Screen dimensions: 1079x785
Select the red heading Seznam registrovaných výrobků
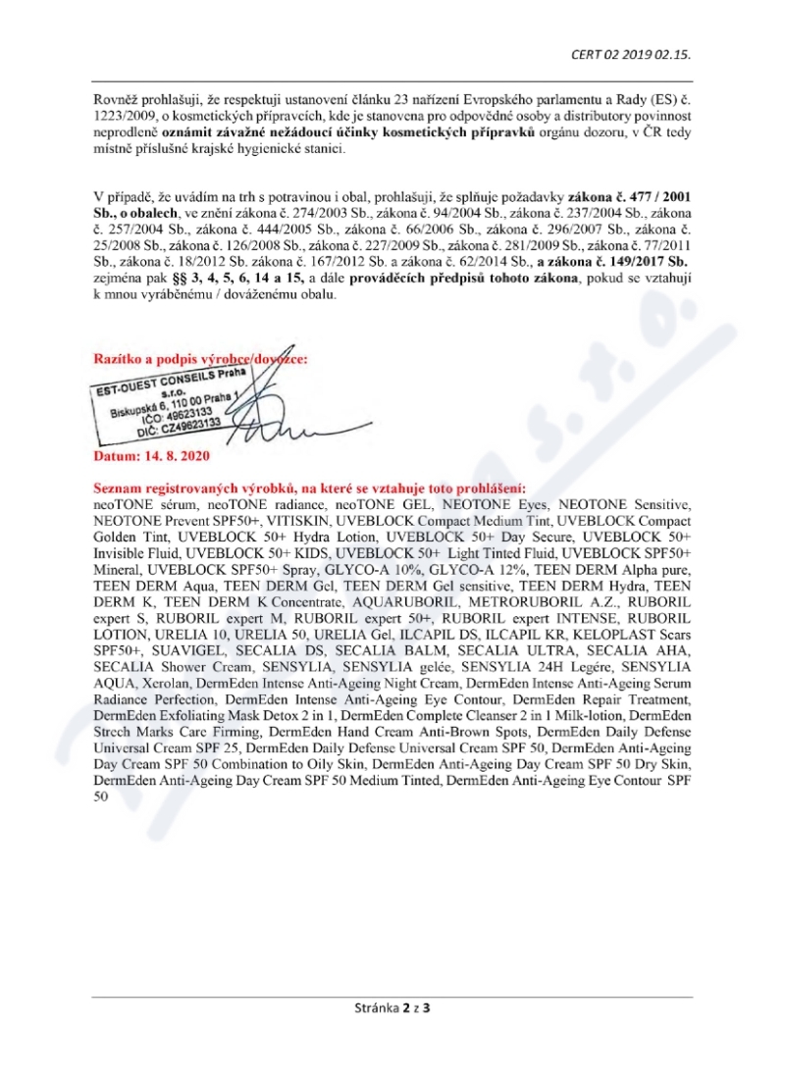click(x=309, y=488)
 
